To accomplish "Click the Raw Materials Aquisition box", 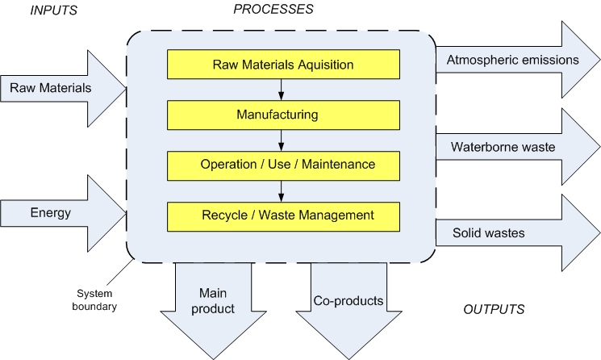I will [283, 64].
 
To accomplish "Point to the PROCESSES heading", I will [273, 10].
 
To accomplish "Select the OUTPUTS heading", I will [494, 309].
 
